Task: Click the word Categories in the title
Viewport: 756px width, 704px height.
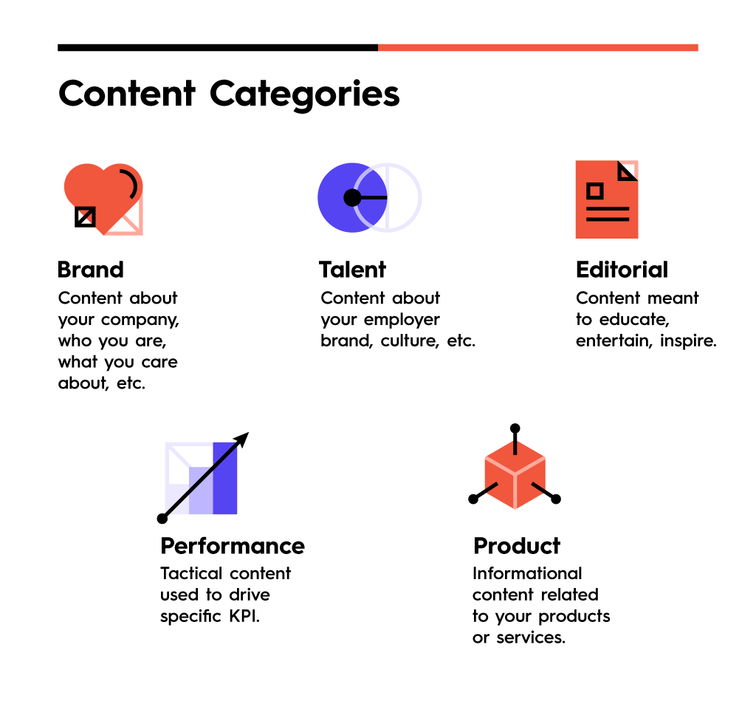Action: coord(304,95)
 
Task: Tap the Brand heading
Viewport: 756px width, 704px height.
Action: coord(91,269)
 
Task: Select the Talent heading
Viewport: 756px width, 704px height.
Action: coord(352,269)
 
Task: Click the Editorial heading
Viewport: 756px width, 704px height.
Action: coord(622,269)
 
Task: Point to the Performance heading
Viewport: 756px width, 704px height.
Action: coord(233,546)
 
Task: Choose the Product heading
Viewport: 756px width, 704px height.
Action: coord(517,546)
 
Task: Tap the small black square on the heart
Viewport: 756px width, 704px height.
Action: coord(86,216)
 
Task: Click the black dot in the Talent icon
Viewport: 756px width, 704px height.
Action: coord(352,197)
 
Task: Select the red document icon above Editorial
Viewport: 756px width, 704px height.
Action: coord(607,199)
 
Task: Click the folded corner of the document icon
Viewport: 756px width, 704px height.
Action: coord(628,171)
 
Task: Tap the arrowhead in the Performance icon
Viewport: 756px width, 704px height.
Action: coord(242,439)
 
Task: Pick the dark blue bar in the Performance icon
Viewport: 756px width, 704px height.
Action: coord(225,478)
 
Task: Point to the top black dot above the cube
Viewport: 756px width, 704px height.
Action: coord(515,428)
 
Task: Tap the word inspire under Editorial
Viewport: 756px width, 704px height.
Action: coord(688,341)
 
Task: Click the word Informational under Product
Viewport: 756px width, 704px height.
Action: coord(527,573)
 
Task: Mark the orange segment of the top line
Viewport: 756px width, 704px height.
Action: coord(538,47)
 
